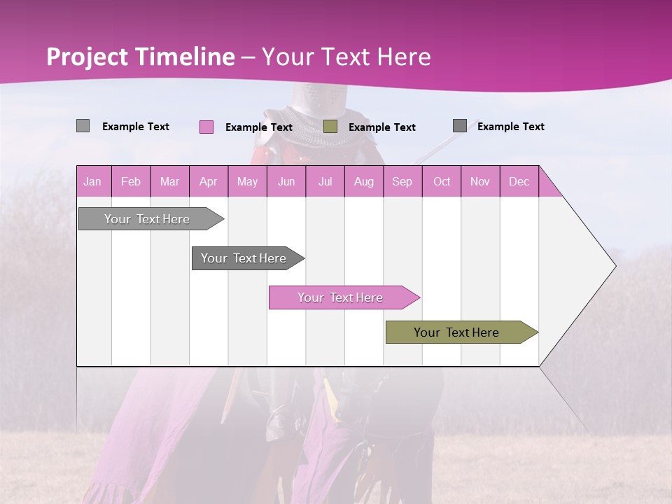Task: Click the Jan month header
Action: point(93,181)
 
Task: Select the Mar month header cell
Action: point(169,181)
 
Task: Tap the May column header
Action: point(247,181)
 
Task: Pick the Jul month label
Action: point(325,181)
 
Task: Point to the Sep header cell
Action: point(402,181)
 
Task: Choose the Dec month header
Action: point(519,181)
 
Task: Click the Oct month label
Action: point(442,181)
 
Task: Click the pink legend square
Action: point(206,127)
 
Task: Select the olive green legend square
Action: point(330,126)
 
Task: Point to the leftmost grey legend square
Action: point(83,126)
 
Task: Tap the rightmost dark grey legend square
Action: point(460,125)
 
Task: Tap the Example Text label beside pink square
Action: point(258,127)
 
